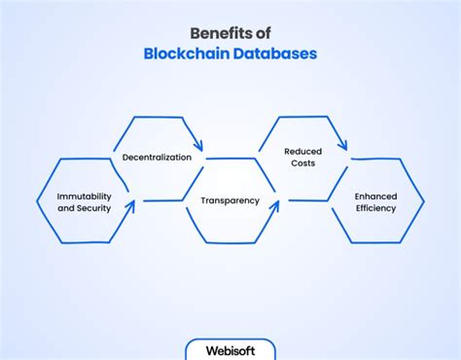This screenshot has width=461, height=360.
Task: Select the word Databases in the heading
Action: pyautogui.click(x=278, y=54)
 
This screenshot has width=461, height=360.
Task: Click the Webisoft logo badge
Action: pyautogui.click(x=230, y=348)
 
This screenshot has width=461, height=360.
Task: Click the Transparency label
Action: pyautogui.click(x=230, y=200)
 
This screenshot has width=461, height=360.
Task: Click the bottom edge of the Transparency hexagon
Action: pyautogui.click(x=230, y=243)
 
